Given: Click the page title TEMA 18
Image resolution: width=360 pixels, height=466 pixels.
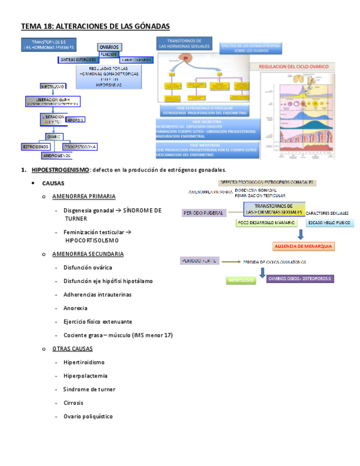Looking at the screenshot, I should [x=95, y=26].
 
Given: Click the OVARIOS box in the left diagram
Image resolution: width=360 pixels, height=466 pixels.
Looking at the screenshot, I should [x=109, y=47].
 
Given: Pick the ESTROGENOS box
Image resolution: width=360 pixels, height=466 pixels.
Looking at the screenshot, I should [x=36, y=147].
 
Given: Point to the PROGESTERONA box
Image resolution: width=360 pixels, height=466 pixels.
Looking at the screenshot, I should [x=80, y=147].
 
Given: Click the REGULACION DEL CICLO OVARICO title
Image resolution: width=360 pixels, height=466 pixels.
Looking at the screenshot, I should [x=297, y=66].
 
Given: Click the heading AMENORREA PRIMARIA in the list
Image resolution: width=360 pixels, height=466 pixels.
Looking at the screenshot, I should [x=84, y=196].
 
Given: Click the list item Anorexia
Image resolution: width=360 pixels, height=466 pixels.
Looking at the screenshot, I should [x=75, y=308].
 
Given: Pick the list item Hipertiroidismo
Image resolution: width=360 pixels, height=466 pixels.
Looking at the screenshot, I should [x=84, y=362].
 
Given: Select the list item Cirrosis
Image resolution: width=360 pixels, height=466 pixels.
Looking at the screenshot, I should [x=74, y=403].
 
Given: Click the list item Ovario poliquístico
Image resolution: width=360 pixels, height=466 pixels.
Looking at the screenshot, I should [x=88, y=416].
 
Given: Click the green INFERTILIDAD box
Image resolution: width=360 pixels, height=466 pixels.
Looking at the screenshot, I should [x=241, y=280].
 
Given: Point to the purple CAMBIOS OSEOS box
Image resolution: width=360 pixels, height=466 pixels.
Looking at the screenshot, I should [x=300, y=279].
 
